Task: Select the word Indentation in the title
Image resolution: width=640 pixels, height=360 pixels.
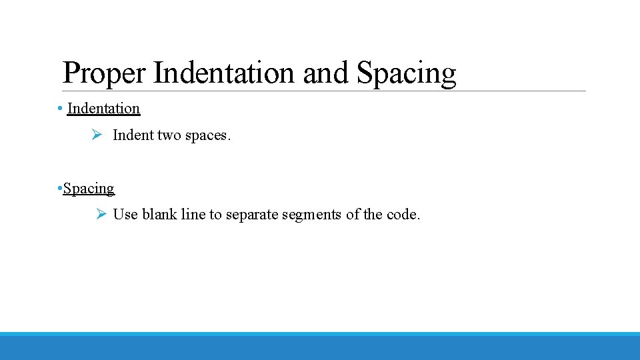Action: click(223, 73)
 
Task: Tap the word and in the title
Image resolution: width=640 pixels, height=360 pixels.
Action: click(326, 73)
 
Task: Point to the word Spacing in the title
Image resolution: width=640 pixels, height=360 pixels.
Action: click(407, 73)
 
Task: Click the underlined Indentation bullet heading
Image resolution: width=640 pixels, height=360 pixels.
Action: click(103, 108)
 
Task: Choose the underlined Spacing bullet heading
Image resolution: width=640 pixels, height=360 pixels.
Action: click(89, 189)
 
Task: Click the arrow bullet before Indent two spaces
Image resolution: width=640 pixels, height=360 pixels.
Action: click(96, 135)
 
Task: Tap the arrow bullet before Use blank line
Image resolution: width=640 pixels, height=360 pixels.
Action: click(101, 214)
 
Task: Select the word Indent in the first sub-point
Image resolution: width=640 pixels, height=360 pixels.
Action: click(133, 135)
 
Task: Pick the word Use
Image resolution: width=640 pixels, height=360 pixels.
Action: click(125, 215)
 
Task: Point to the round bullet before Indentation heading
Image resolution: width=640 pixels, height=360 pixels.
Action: click(60, 109)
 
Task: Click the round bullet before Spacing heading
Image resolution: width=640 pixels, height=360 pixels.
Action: click(60, 189)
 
